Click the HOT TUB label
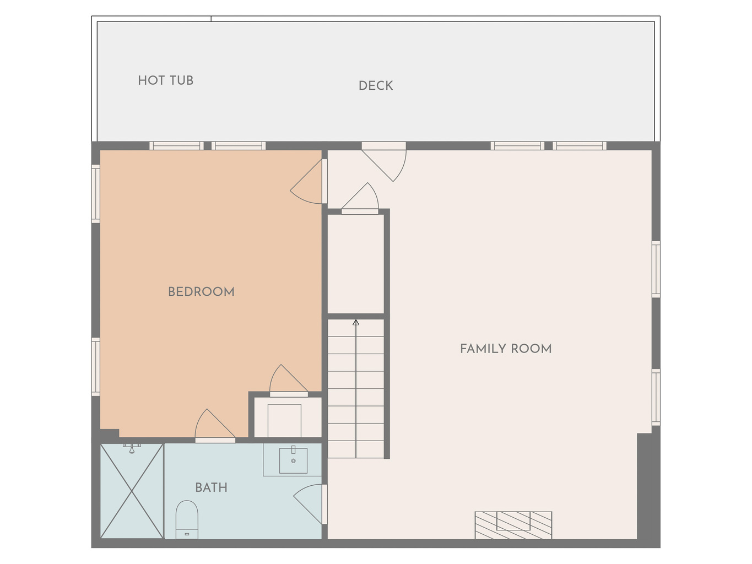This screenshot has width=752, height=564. coord(166,81)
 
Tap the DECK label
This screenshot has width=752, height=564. coord(376,85)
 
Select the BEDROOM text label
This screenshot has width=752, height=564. coord(201,292)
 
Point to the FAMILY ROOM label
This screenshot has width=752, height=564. coord(506,349)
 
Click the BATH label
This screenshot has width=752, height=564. coord(211,487)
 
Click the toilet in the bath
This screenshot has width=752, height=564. coord(187,519)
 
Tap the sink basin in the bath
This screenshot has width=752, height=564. coord(293,460)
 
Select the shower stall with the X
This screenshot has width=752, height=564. coord(132,491)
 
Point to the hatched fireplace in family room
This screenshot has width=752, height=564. coord(513,525)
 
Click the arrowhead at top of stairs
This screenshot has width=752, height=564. coord(356,322)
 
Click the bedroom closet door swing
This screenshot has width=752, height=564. coord(289,380)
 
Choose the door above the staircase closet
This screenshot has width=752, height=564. coord(360,198)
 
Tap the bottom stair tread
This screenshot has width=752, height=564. coord(356,449)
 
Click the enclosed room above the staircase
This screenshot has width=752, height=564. coord(355,264)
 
